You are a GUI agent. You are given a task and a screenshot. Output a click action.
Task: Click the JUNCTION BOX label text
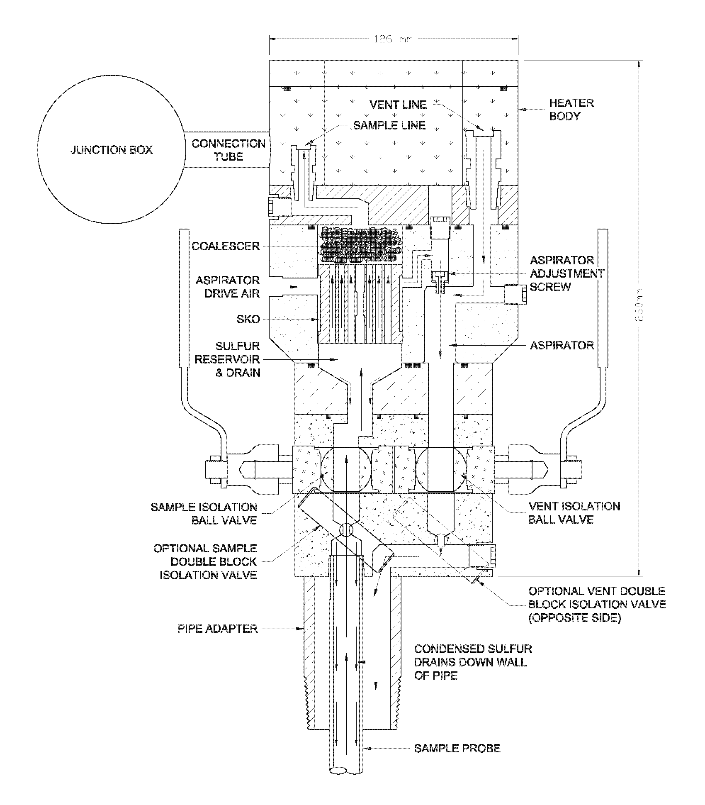tap(111, 150)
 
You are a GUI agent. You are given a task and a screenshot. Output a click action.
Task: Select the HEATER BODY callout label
tap(571, 110)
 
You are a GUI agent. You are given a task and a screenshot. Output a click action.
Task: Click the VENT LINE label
tap(398, 105)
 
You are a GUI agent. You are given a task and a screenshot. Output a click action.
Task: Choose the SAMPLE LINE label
tap(389, 125)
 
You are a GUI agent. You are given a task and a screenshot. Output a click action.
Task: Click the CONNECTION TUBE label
tap(228, 150)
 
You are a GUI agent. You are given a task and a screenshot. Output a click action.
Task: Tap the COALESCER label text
tap(225, 246)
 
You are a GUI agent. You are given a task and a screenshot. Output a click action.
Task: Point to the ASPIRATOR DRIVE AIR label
tap(228, 287)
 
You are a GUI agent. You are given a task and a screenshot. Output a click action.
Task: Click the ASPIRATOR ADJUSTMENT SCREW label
tap(567, 273)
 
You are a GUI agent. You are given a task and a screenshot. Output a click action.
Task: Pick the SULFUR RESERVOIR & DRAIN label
tap(227, 359)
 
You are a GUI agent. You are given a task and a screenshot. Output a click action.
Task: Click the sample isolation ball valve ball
tap(345, 469)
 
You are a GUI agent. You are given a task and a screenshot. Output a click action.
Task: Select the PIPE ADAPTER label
tap(218, 629)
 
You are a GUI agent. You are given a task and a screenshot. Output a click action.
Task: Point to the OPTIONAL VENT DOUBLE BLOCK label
tap(597, 604)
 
